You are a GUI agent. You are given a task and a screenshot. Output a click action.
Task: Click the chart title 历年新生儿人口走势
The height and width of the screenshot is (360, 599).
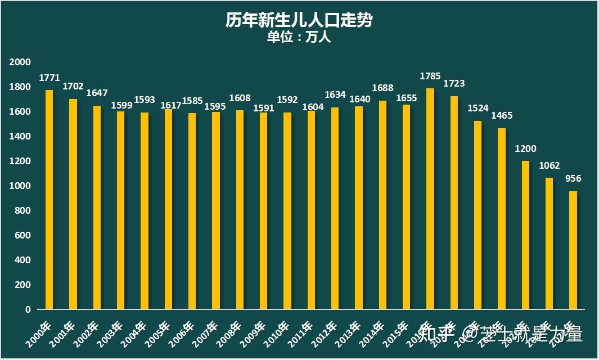pos(299,21)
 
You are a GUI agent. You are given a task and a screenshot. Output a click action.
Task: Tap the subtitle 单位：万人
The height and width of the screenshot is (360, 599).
pos(299,38)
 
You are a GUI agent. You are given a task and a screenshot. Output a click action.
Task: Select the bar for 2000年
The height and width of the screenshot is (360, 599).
pos(49,200)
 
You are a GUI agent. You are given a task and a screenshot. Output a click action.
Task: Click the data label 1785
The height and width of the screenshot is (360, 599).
pos(430,76)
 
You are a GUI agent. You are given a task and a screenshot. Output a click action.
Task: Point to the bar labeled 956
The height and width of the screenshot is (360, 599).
pos(573,250)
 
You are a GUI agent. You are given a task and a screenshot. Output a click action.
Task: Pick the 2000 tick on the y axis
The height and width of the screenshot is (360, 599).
pos(20,62)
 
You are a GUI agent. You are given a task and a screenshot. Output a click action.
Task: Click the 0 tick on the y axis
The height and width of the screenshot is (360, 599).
pos(27,309)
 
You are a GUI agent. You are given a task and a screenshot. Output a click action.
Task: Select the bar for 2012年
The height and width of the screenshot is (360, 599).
pos(335,208)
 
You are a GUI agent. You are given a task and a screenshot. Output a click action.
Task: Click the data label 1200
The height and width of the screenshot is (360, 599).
pos(525,149)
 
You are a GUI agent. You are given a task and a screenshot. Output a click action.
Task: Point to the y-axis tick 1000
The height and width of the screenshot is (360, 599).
pos(20,186)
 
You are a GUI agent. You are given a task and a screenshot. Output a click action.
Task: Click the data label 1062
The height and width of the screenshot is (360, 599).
pos(549,166)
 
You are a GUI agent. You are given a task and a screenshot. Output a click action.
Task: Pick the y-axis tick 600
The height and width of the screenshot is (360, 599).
pos(22,235)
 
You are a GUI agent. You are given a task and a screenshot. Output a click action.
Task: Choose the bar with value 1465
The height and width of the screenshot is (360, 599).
pos(501,219)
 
